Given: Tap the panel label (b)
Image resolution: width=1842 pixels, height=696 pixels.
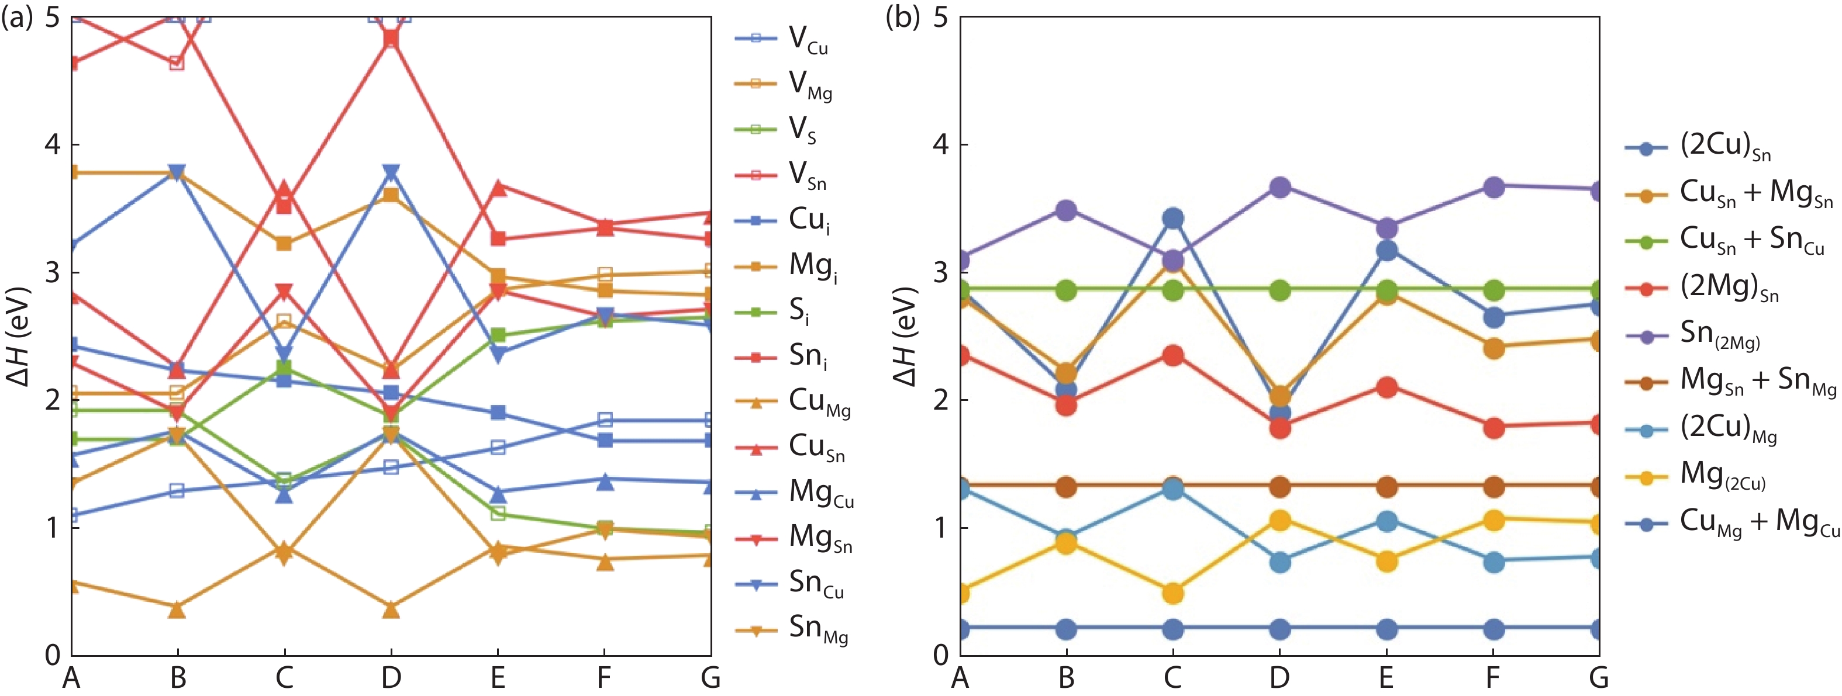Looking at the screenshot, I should pyautogui.click(x=902, y=16).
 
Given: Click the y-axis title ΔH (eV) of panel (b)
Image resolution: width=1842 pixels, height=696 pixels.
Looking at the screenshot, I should pyautogui.click(x=905, y=336).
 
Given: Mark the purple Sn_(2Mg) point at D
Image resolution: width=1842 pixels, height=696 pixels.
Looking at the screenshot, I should pyautogui.click(x=1279, y=187).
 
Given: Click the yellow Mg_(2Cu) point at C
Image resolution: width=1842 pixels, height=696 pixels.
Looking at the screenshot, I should pyautogui.click(x=1172, y=593).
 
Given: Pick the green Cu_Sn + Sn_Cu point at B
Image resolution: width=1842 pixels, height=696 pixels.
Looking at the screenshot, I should pyautogui.click(x=1066, y=290).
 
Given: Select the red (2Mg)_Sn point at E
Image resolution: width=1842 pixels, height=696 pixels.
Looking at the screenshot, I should pyautogui.click(x=1386, y=388).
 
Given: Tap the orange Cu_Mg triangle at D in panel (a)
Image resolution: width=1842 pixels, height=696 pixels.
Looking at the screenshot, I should pyautogui.click(x=391, y=610).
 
